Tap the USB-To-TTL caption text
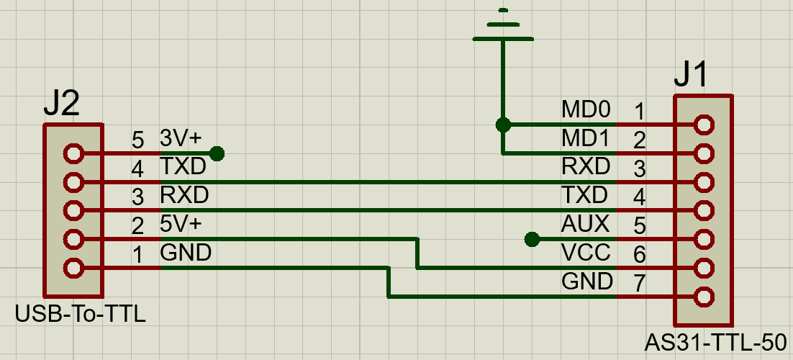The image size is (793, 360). (80, 315)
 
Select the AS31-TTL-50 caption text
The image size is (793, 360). (715, 341)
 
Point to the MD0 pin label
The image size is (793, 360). (586, 110)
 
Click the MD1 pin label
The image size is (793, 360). (586, 138)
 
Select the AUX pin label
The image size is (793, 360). (585, 223)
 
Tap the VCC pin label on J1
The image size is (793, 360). (586, 252)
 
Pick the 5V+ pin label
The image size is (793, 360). (181, 224)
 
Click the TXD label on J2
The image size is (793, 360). (183, 166)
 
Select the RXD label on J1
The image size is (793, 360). (586, 166)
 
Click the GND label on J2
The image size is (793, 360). (186, 253)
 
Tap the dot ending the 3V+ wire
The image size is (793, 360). (216, 153)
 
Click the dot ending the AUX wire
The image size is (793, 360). (532, 239)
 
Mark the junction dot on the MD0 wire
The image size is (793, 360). (503, 125)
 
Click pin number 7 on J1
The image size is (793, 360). (639, 283)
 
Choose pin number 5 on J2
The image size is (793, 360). (138, 140)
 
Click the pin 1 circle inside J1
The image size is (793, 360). (704, 125)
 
